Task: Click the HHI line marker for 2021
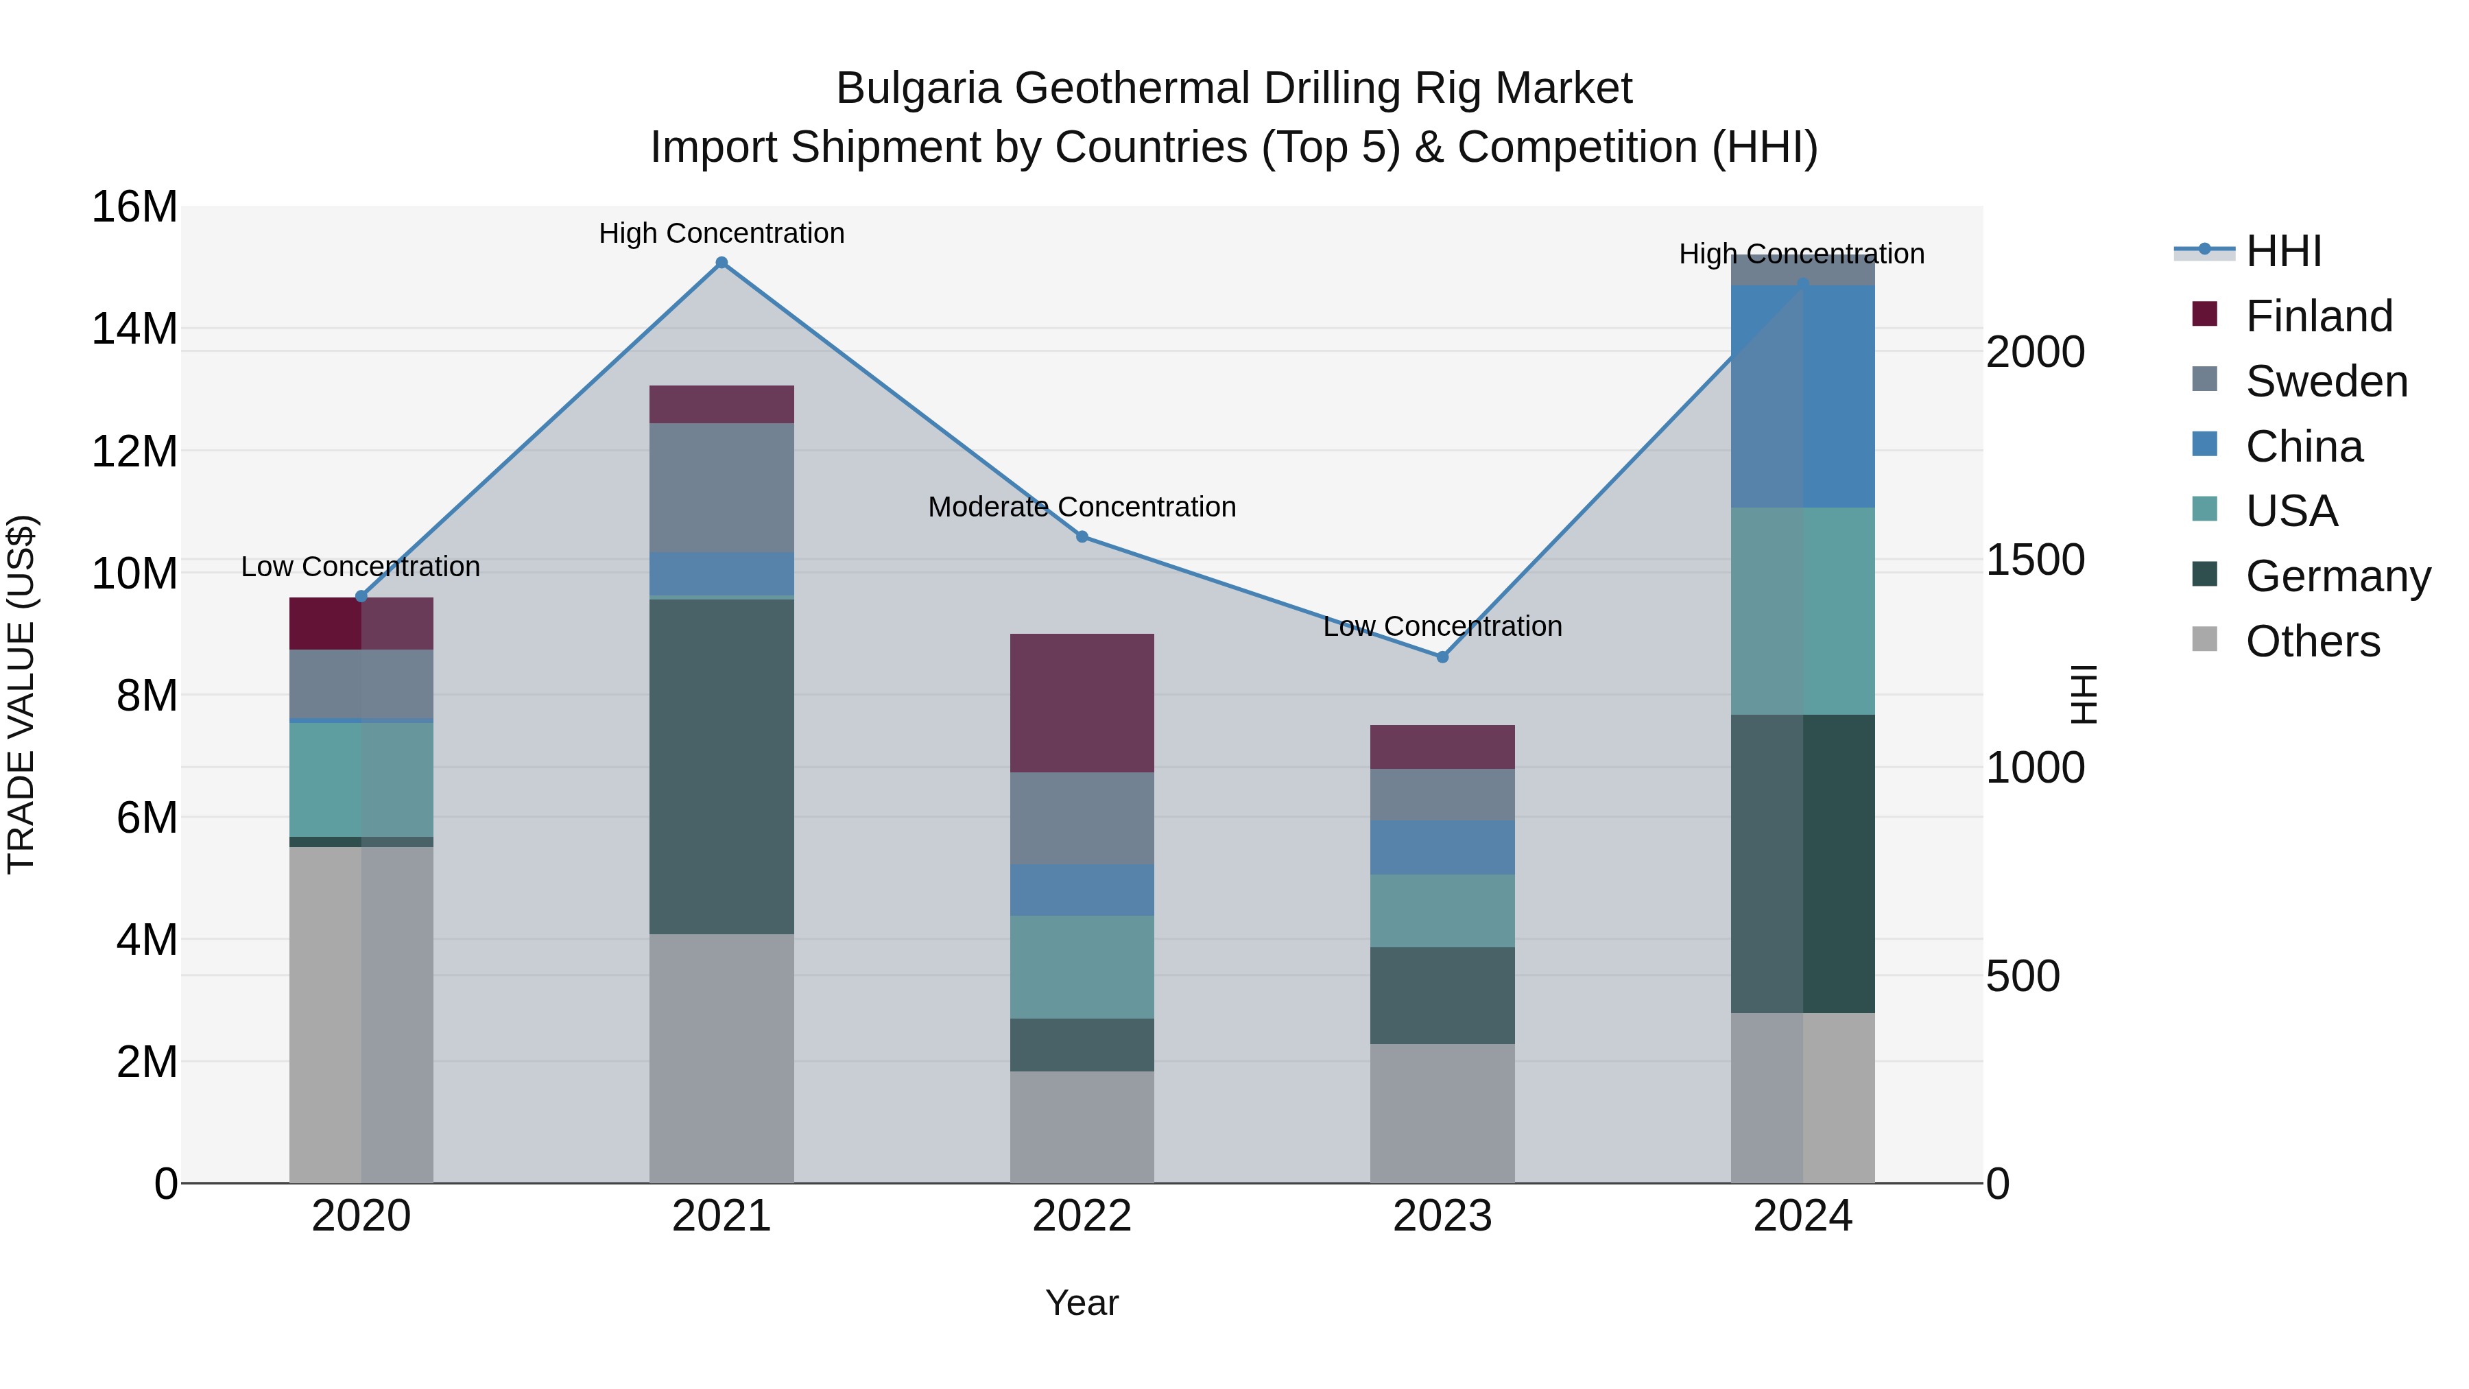click(721, 263)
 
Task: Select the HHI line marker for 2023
click(1442, 656)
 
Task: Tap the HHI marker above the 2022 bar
click(1082, 537)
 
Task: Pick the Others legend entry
click(2312, 641)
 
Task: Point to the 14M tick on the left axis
click(134, 329)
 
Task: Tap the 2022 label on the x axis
click(1082, 1216)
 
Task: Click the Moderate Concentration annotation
click(1082, 506)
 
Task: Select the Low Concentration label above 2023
click(1442, 626)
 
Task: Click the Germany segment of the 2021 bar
click(721, 766)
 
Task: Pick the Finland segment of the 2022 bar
click(1082, 702)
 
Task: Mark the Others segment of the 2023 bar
click(1442, 1113)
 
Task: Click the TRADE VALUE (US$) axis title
click(21, 694)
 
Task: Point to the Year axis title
click(1082, 1303)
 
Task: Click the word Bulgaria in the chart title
click(920, 88)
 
